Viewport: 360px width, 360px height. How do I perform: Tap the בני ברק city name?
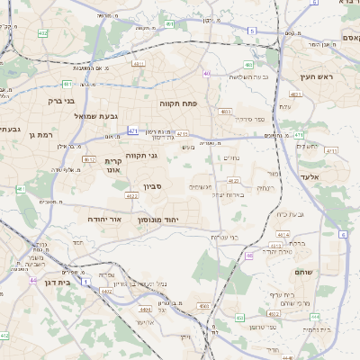[61, 101]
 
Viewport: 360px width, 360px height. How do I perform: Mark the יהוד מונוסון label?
[158, 219]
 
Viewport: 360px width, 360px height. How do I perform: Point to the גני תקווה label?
[140, 155]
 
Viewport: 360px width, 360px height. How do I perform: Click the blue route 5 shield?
[252, 31]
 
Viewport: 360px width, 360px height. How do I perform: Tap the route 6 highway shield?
[343, 235]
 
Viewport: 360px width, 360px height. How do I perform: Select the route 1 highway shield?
[85, 283]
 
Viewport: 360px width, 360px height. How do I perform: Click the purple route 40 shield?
[207, 74]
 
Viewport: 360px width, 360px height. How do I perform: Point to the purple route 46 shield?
[249, 256]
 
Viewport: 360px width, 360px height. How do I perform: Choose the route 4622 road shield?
[131, 195]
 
